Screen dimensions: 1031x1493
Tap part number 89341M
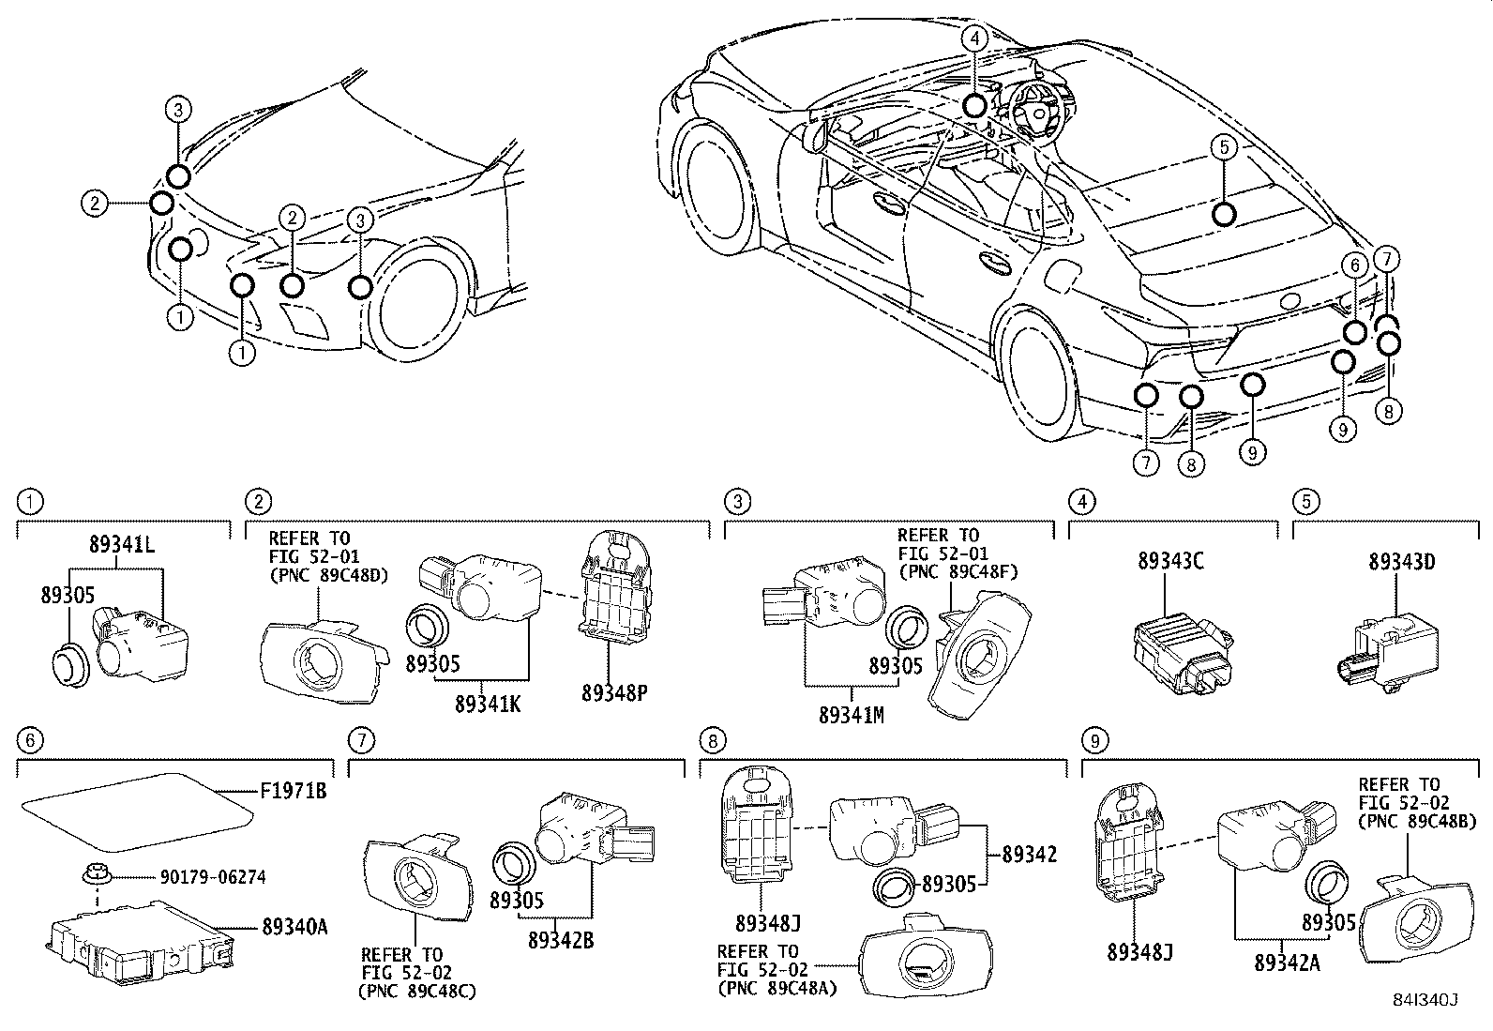click(x=851, y=715)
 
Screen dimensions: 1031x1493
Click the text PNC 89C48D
click(x=328, y=574)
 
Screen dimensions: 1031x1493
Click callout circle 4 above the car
click(x=975, y=38)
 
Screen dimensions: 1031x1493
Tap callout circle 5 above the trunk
click(x=1224, y=146)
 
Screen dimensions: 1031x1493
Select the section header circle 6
click(x=30, y=740)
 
